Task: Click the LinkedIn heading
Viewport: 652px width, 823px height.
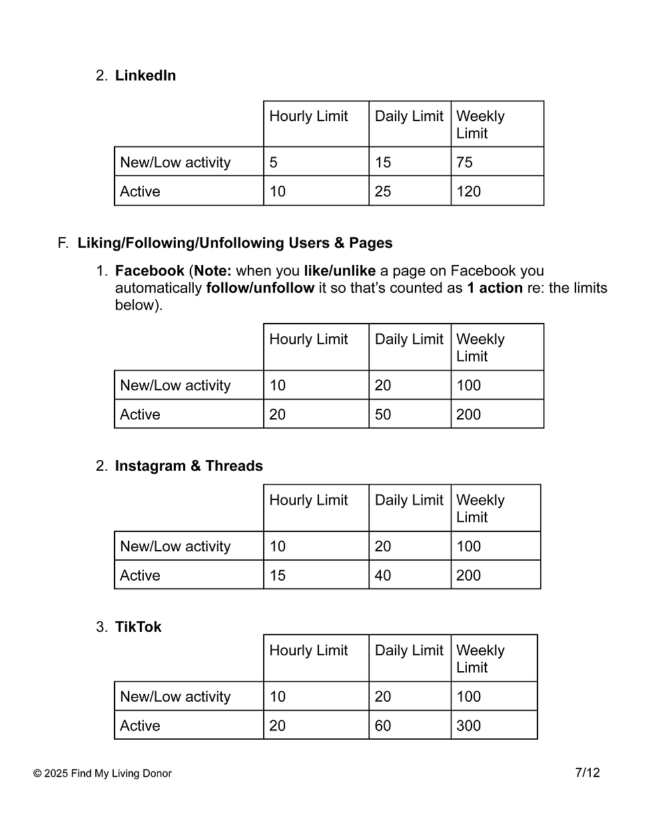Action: tap(145, 76)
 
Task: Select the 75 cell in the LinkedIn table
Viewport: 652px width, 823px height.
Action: tap(464, 162)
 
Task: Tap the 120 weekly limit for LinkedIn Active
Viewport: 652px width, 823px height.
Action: tap(468, 192)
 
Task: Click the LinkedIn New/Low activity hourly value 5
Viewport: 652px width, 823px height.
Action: tap(273, 162)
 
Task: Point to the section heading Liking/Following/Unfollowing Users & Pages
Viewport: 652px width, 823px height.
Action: tap(234, 243)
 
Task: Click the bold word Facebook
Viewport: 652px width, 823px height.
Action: tap(149, 271)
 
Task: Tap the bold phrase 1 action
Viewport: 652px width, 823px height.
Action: tap(494, 288)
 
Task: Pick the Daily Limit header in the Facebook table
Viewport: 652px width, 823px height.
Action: tap(408, 340)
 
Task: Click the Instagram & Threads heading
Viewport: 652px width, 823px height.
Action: tap(188, 466)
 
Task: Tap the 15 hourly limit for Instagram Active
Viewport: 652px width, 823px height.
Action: tap(277, 575)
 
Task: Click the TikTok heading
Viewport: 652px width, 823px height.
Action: tap(138, 627)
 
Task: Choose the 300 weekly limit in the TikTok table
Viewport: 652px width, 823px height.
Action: tap(468, 726)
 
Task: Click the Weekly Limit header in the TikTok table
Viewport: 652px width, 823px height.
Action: tap(480, 659)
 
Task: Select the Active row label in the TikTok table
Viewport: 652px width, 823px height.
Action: tap(140, 726)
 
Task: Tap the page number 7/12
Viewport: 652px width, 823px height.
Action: tap(587, 772)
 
